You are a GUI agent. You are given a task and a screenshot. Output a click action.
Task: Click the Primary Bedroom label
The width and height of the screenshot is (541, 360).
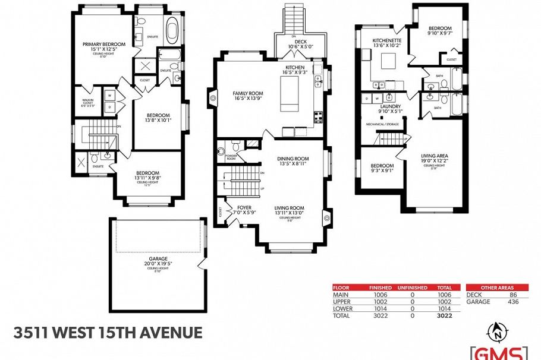coord(104,45)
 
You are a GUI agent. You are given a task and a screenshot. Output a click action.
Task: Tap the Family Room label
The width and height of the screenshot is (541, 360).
coord(247,93)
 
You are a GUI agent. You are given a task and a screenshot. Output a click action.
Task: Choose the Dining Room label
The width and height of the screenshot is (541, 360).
coord(293,159)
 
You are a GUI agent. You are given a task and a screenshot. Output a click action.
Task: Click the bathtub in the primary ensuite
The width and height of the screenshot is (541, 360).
coord(173,30)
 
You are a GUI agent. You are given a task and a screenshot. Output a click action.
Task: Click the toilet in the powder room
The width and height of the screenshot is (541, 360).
coord(236,144)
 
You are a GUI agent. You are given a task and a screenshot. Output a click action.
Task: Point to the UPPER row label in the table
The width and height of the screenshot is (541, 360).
coord(342,301)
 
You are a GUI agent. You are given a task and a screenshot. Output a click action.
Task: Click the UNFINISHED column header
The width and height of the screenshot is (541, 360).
coord(412,288)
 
